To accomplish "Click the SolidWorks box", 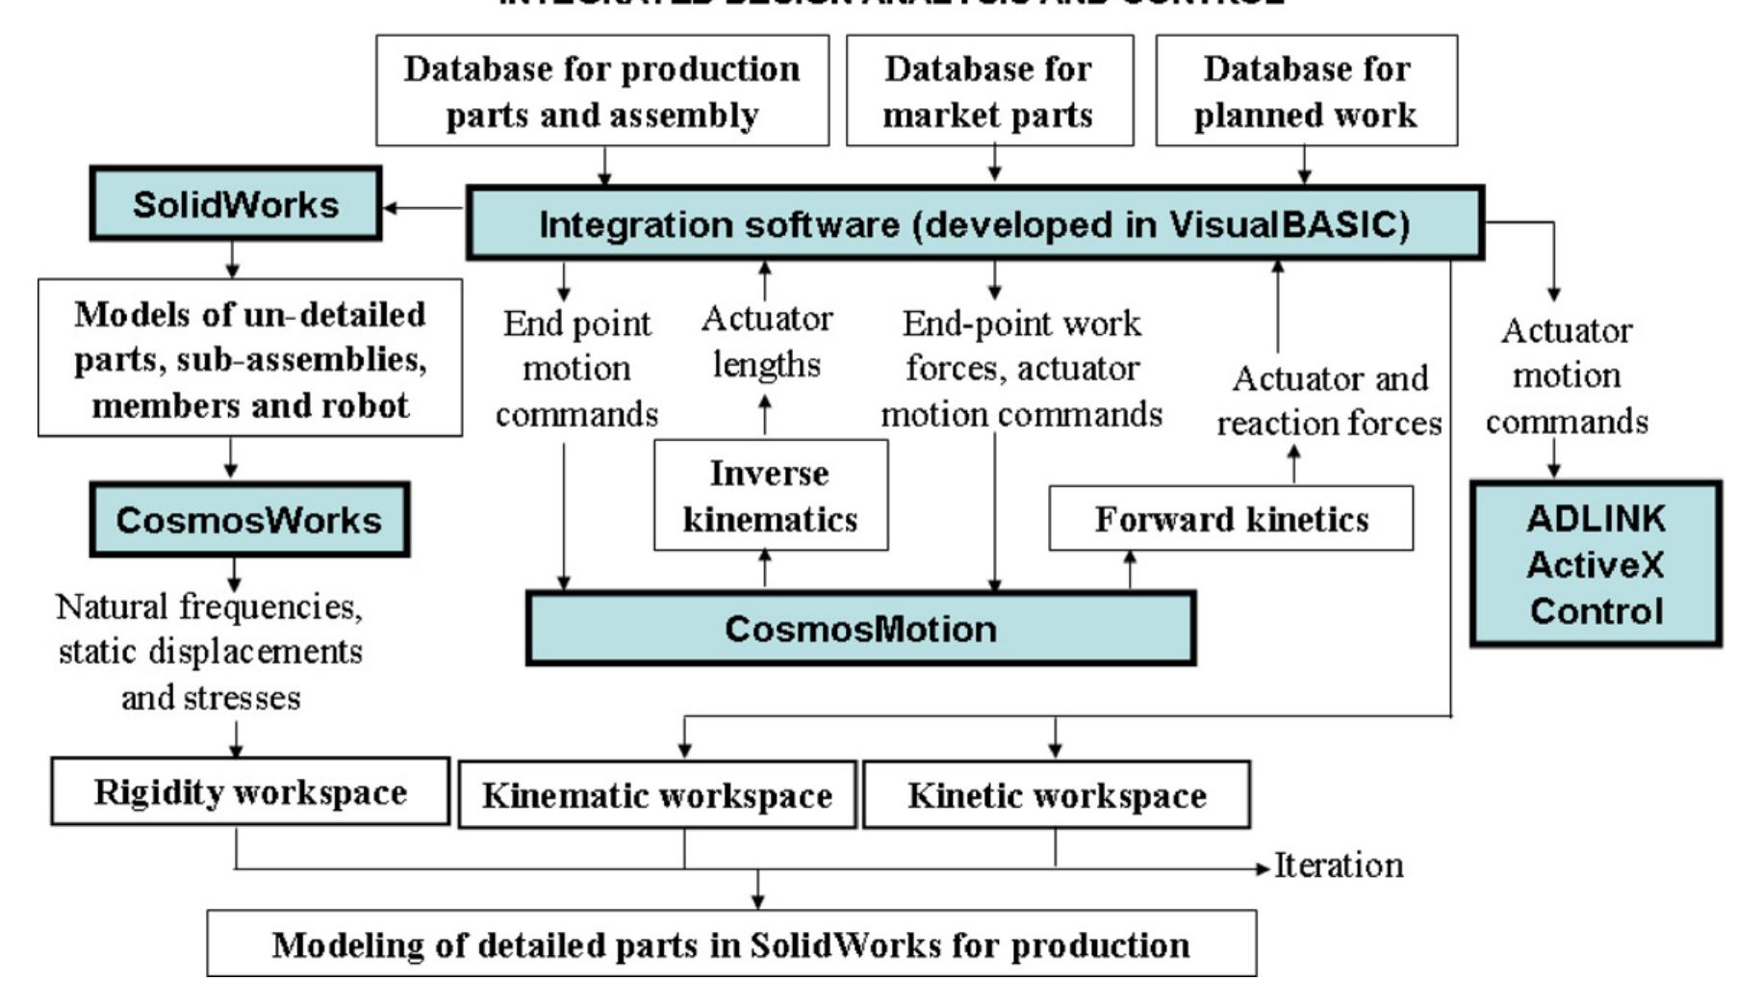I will point(236,204).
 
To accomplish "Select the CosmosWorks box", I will point(249,520).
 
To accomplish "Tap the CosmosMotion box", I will point(860,629).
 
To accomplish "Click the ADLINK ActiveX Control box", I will point(1596,564).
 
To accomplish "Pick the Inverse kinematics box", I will point(770,496).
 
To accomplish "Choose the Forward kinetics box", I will point(1231,519).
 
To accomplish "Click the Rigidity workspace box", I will point(250,791).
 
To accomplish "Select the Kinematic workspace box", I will point(657,795).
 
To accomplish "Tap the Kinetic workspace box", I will point(1056,795).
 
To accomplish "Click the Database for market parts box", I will point(989,90).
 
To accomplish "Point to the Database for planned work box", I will point(1306,90).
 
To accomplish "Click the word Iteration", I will point(1339,865).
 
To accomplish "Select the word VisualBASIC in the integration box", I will point(1290,224).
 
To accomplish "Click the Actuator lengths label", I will point(766,341).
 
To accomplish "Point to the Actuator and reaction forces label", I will point(1329,400).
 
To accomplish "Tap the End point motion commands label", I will point(576,369).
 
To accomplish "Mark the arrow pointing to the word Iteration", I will point(1262,868).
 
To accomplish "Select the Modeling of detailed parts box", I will point(731,944).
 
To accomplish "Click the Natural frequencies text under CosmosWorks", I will point(210,652).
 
